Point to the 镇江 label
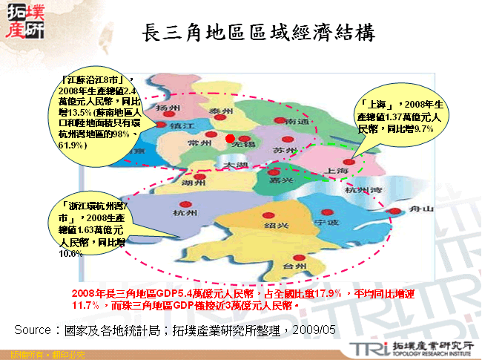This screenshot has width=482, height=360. (182, 127)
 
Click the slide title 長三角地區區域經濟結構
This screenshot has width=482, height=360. (258, 33)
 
